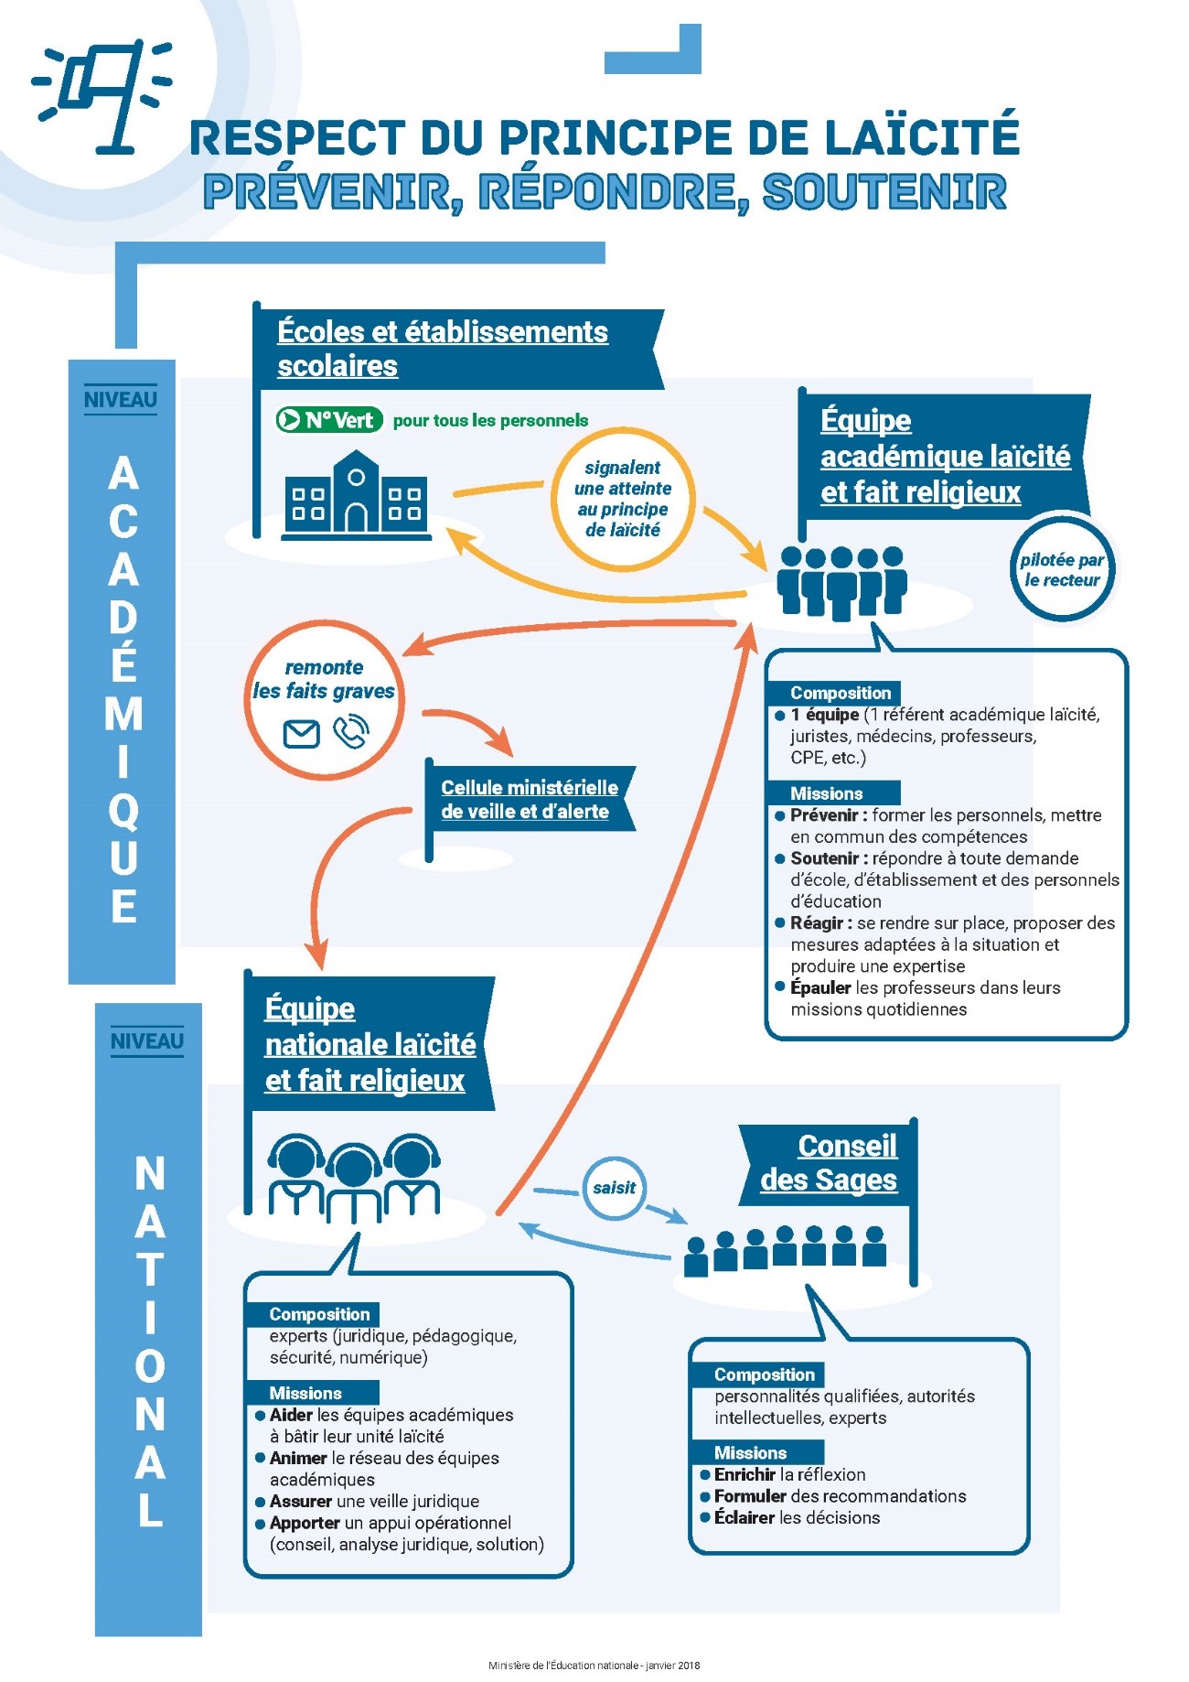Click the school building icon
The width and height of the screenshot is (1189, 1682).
[x=356, y=494]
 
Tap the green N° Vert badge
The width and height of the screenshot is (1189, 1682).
[x=329, y=420]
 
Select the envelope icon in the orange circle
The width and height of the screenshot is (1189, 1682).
[x=301, y=734]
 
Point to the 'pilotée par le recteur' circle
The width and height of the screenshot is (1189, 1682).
[x=1062, y=569]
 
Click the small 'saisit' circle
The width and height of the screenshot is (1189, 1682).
[x=614, y=1188]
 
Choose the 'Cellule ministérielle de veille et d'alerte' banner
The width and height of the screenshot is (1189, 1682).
[x=530, y=799]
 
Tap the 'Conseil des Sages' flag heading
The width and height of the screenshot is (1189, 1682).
[x=829, y=1162]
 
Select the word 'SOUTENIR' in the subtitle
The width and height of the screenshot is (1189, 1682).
[x=884, y=191]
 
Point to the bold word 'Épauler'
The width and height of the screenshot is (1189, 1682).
[x=820, y=987]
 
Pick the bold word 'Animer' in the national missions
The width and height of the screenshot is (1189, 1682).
[x=298, y=1458]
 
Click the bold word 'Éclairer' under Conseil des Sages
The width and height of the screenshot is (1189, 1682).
[x=744, y=1517]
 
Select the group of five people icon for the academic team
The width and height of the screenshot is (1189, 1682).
[x=841, y=582]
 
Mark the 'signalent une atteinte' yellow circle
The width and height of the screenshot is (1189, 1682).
[x=623, y=499]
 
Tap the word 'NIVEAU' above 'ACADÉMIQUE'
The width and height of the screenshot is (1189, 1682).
[x=121, y=400]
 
